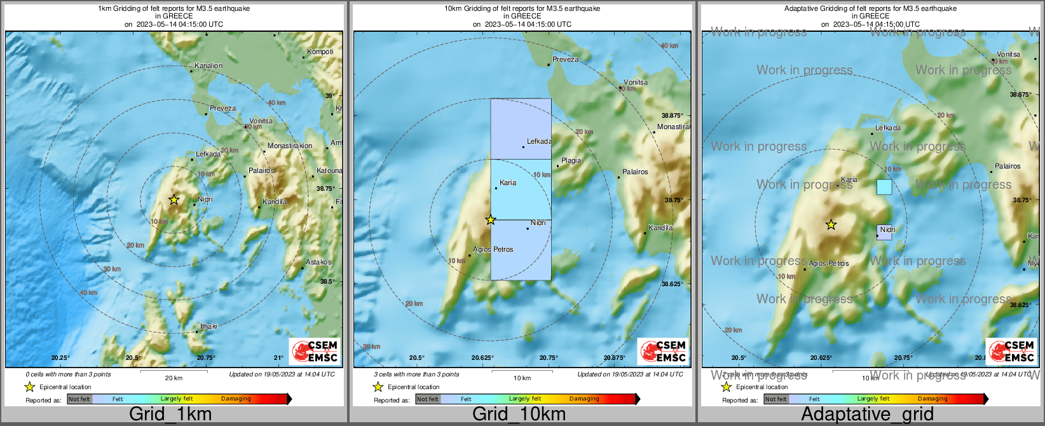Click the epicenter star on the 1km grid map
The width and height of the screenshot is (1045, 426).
(x=174, y=200)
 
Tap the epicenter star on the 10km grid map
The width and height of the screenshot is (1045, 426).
(x=490, y=220)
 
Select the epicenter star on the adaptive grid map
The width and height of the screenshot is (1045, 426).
(x=831, y=224)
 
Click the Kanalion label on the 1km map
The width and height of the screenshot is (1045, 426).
(x=208, y=65)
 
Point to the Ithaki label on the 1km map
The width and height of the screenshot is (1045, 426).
(x=208, y=326)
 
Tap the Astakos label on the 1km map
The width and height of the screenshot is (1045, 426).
(x=318, y=262)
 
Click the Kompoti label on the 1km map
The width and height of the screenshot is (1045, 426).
(x=320, y=52)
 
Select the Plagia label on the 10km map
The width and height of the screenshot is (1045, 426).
(x=571, y=160)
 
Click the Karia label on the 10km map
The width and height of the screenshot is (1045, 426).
(x=508, y=182)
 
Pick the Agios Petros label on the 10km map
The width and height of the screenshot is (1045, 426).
(x=493, y=249)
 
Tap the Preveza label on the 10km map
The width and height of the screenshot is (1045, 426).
(x=565, y=59)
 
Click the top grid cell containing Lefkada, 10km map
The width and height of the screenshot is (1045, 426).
(x=521, y=128)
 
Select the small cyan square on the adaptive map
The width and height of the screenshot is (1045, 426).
(x=884, y=187)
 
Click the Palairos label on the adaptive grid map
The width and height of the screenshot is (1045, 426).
(x=1007, y=166)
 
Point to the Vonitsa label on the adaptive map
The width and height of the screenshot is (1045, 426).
(x=1008, y=54)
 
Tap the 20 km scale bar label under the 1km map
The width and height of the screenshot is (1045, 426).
(x=174, y=378)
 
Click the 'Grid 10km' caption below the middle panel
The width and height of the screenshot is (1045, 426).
(x=519, y=414)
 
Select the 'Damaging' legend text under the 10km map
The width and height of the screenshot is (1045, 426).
(x=584, y=399)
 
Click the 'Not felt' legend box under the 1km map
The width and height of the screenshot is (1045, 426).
(x=79, y=399)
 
